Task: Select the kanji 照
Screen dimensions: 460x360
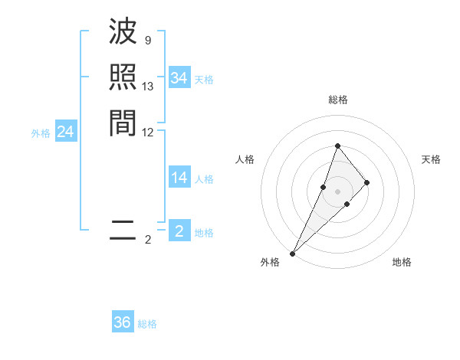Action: pos(123,77)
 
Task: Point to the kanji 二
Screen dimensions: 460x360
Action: pos(123,230)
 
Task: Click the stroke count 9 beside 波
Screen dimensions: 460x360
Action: pos(147,40)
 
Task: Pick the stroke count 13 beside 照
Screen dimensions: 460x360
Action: pos(148,87)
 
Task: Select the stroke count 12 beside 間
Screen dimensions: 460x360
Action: pos(148,132)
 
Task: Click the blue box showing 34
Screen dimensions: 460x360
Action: pos(179,78)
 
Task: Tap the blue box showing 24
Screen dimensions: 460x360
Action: pos(65,133)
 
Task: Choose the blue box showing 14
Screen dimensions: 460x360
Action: pos(179,178)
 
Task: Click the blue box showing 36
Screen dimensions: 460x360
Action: pos(123,322)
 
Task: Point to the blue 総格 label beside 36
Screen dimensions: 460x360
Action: pos(148,324)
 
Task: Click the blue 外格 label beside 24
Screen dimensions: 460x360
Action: pos(41,133)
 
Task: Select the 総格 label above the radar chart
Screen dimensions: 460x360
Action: pos(337,100)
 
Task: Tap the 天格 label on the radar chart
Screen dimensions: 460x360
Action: pos(431,159)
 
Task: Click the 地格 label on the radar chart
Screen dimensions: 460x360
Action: pos(402,262)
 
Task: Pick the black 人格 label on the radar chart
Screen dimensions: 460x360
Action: pos(245,159)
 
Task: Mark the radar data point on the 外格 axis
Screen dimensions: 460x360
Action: pos(292,253)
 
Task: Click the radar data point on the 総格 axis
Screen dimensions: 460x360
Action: pos(337,146)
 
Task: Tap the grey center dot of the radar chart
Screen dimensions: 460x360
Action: pos(337,191)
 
